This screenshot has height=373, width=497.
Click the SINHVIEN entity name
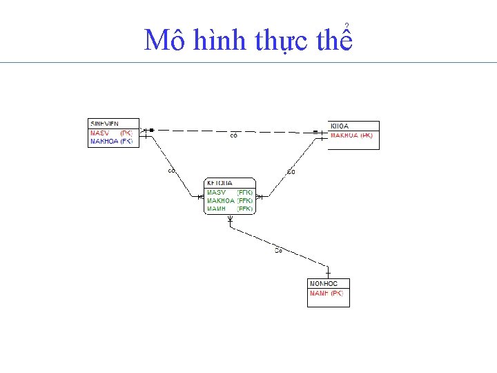pyautogui.click(x=104, y=124)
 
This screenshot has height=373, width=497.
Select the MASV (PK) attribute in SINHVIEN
pyautogui.click(x=111, y=133)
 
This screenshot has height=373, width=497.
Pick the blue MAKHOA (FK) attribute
pyautogui.click(x=111, y=141)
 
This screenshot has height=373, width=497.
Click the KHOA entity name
pyautogui.click(x=340, y=126)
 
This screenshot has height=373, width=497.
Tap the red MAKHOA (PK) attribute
pyautogui.click(x=351, y=135)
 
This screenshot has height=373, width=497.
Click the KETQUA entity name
pyautogui.click(x=220, y=183)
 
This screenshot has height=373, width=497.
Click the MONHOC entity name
pyautogui.click(x=324, y=283)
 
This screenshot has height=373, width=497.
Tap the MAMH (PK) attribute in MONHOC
pyautogui.click(x=327, y=294)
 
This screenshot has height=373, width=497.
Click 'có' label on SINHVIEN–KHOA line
pyautogui.click(x=234, y=135)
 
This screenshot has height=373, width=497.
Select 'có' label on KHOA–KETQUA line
pyautogui.click(x=291, y=171)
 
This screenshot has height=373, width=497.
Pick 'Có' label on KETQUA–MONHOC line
pyautogui.click(x=278, y=250)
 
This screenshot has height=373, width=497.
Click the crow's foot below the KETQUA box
pyautogui.click(x=231, y=220)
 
